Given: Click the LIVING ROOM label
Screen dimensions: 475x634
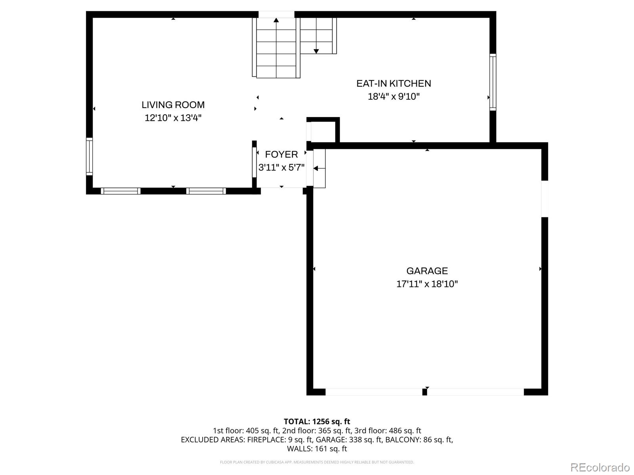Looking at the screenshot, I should [173, 105].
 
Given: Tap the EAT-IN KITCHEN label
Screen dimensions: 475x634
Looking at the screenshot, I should [393, 84].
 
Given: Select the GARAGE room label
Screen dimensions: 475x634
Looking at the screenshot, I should [427, 271].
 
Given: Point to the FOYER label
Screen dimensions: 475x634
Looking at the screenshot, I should [281, 154].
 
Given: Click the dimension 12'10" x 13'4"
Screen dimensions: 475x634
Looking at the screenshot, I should [173, 118].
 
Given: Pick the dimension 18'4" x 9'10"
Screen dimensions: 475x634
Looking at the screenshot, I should [393, 97].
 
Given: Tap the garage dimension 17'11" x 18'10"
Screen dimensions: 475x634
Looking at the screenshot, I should [427, 284].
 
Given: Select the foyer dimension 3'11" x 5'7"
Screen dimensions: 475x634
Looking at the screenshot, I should [281, 167].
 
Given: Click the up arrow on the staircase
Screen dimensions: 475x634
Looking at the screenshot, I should [276, 20].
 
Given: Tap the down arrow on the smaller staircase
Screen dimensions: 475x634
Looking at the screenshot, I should [316, 51].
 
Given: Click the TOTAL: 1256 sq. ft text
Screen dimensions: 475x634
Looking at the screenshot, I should [317, 422].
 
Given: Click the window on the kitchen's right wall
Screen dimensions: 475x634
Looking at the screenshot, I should [493, 82].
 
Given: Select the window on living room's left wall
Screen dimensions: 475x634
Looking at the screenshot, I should [89, 156].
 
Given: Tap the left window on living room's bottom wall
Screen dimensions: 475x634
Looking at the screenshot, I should [120, 191].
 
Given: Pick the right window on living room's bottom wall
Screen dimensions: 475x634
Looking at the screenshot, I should [206, 191].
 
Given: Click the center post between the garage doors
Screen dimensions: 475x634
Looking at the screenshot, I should [424, 392].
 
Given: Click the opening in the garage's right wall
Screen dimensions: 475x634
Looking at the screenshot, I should [544, 199].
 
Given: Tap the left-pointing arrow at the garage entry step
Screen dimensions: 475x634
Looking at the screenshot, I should [316, 168].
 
